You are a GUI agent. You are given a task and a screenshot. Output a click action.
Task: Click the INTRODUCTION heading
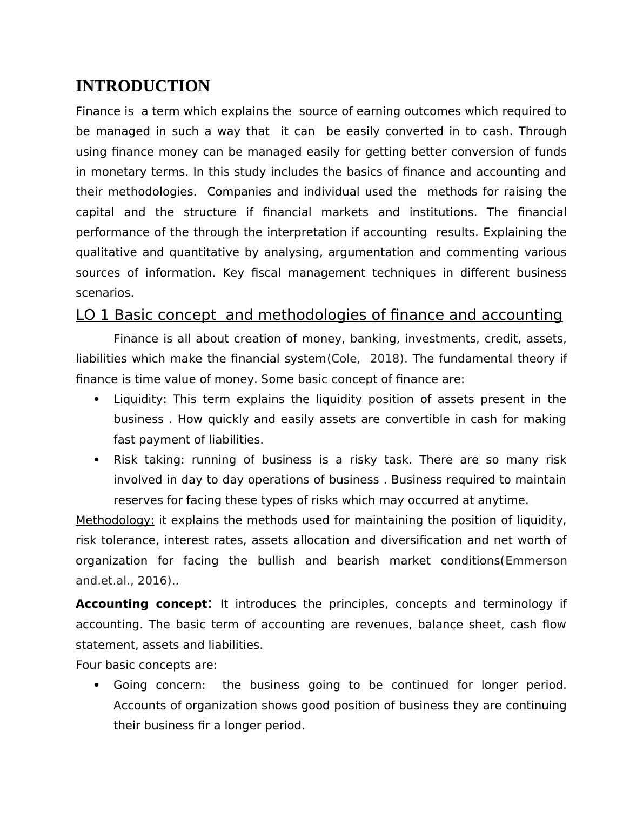(143, 86)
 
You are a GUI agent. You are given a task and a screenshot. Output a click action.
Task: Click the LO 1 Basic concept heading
(319, 315)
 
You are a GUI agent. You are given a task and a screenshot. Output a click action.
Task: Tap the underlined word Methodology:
(115, 520)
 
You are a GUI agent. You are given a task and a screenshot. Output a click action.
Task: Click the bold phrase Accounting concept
(141, 604)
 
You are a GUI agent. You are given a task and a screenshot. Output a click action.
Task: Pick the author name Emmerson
(535, 561)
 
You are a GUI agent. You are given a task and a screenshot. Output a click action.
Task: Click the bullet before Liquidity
(97, 399)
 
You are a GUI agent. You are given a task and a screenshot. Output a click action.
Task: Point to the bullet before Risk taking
(97, 460)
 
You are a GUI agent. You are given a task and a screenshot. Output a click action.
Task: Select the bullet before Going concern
(97, 685)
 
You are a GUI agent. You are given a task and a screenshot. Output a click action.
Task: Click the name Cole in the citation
(341, 359)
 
